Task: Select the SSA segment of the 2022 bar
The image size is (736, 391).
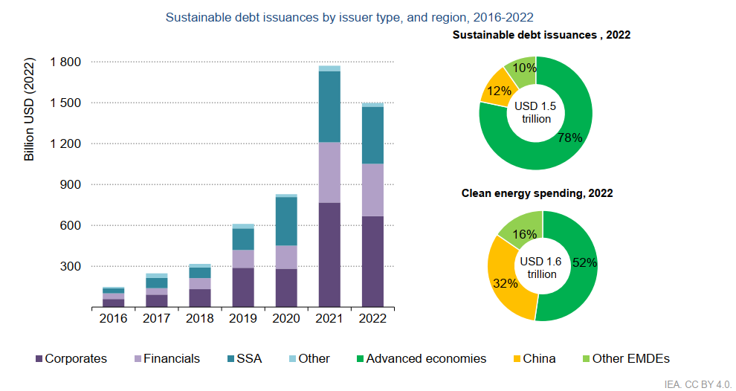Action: (x=372, y=135)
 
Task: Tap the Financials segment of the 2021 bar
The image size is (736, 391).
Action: (x=329, y=172)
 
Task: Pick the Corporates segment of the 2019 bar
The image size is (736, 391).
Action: (x=243, y=287)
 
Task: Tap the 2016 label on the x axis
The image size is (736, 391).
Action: (x=114, y=318)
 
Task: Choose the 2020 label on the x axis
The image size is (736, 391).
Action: (x=286, y=318)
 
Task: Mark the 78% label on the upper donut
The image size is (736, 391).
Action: (x=570, y=138)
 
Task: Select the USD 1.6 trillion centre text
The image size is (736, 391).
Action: (x=542, y=268)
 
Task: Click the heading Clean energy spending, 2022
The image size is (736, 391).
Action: (x=537, y=193)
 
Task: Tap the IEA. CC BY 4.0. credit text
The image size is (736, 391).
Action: (x=698, y=384)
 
